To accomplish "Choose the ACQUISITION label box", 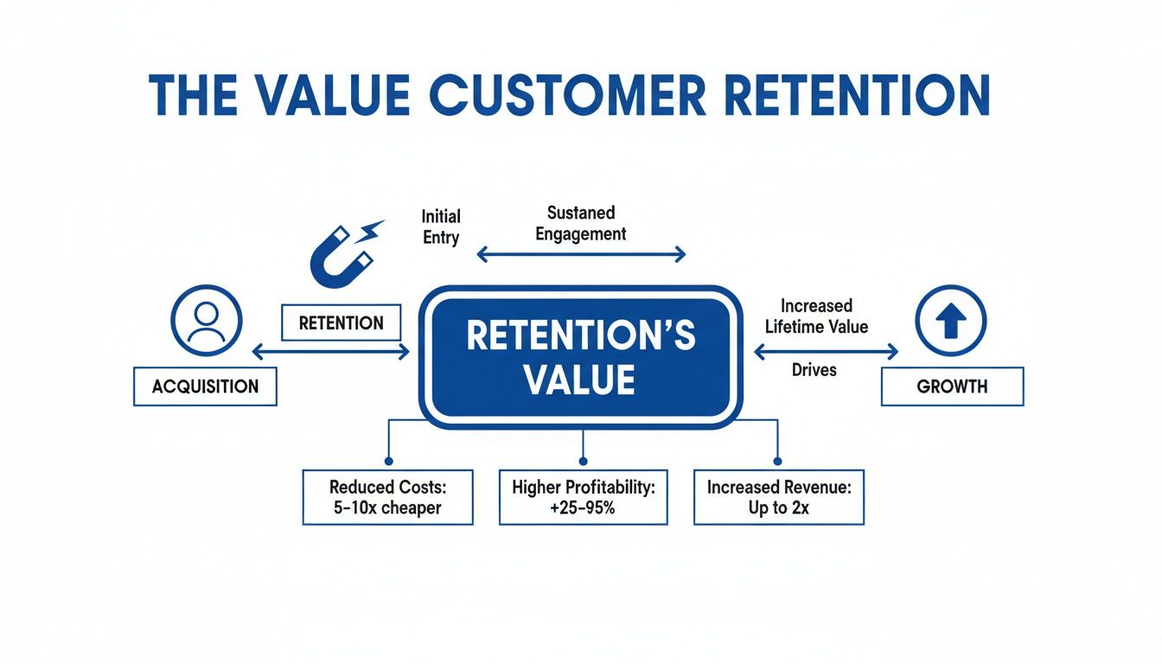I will pos(205,386).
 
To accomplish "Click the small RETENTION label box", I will pos(341,323).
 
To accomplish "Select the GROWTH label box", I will pos(952,386).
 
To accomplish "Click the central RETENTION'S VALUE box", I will pos(580,357).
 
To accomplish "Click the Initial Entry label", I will pos(441,227).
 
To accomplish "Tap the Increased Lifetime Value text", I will pos(816,316).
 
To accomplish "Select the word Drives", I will pos(814,370).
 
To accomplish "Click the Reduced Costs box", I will pos(387,497).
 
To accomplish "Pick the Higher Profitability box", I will pos(583,497).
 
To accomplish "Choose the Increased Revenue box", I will pos(778,497).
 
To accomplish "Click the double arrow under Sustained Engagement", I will pos(581,254).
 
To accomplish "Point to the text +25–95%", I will pos(583,508).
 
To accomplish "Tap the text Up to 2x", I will pos(778,508).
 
